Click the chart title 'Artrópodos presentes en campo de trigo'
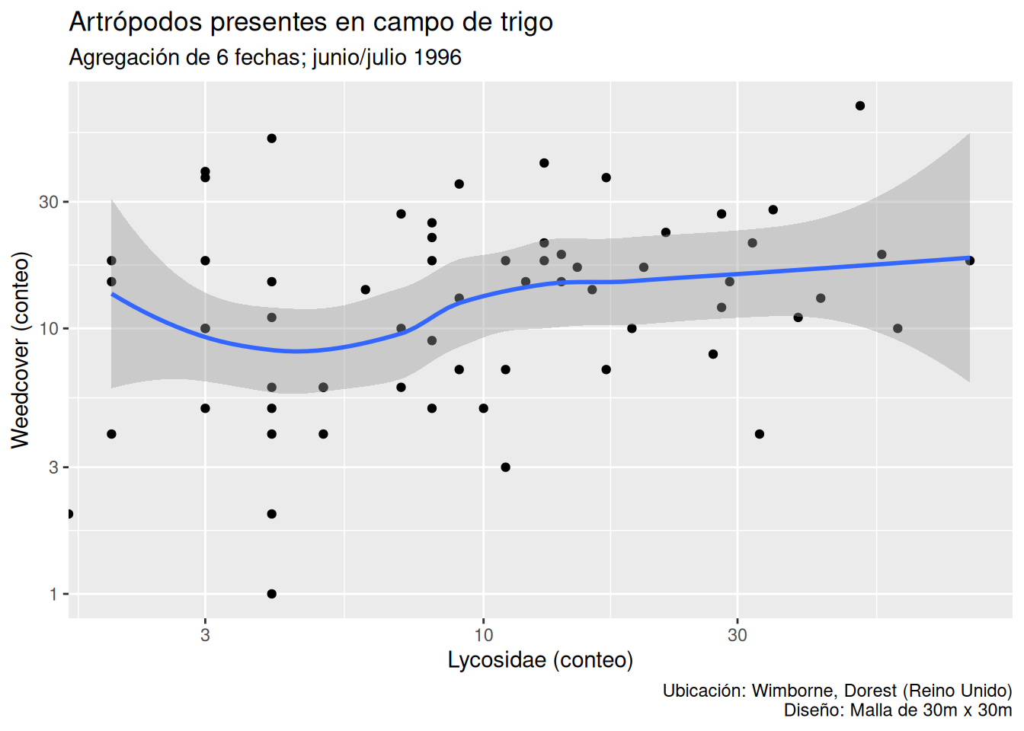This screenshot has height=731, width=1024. (x=311, y=22)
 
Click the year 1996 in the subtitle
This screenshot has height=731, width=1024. (x=438, y=58)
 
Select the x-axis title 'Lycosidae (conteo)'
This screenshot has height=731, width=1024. (x=540, y=659)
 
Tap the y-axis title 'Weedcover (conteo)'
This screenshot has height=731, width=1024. (x=21, y=350)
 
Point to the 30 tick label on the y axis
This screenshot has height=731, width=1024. (x=49, y=202)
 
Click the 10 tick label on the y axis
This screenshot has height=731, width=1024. (x=49, y=329)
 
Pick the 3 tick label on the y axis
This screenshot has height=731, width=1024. (x=53, y=467)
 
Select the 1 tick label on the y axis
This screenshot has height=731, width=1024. (x=53, y=594)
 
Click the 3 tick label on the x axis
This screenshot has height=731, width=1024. (x=205, y=635)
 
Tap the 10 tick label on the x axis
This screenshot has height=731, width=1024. (x=484, y=635)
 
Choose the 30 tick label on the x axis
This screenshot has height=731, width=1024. (x=737, y=635)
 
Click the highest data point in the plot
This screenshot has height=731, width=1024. (x=860, y=106)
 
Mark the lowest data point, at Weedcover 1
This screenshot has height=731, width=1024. (x=272, y=594)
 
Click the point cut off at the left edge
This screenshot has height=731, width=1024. (x=69, y=514)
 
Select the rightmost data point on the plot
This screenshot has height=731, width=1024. (x=970, y=260)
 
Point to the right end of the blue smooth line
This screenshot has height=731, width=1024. (x=968, y=258)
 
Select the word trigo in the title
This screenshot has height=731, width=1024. (x=526, y=22)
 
